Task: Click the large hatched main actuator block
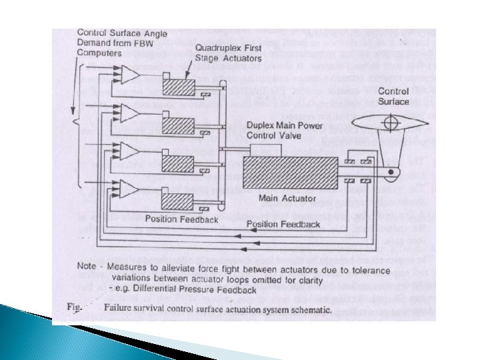coord(291,175)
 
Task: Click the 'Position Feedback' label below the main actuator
coord(283,225)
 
